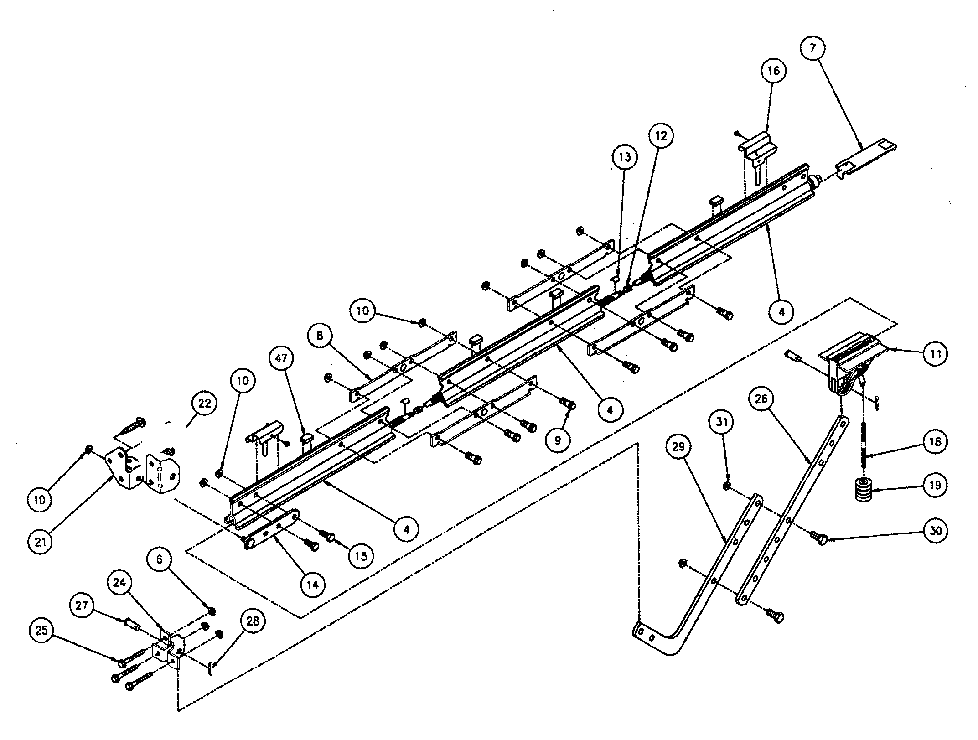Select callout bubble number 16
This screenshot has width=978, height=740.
click(x=774, y=71)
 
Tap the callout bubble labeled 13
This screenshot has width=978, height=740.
click(x=625, y=157)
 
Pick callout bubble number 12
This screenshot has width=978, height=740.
click(x=662, y=135)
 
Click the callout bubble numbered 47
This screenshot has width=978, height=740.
click(x=281, y=358)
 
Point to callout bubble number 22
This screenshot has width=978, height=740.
click(x=204, y=403)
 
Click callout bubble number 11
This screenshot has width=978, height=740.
click(x=935, y=354)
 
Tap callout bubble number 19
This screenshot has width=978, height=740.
click(x=935, y=485)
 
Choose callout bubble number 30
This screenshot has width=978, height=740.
click(x=935, y=531)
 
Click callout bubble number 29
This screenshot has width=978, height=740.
click(x=678, y=447)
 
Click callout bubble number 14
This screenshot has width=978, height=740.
click(x=313, y=585)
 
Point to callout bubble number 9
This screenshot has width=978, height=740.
click(x=558, y=440)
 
